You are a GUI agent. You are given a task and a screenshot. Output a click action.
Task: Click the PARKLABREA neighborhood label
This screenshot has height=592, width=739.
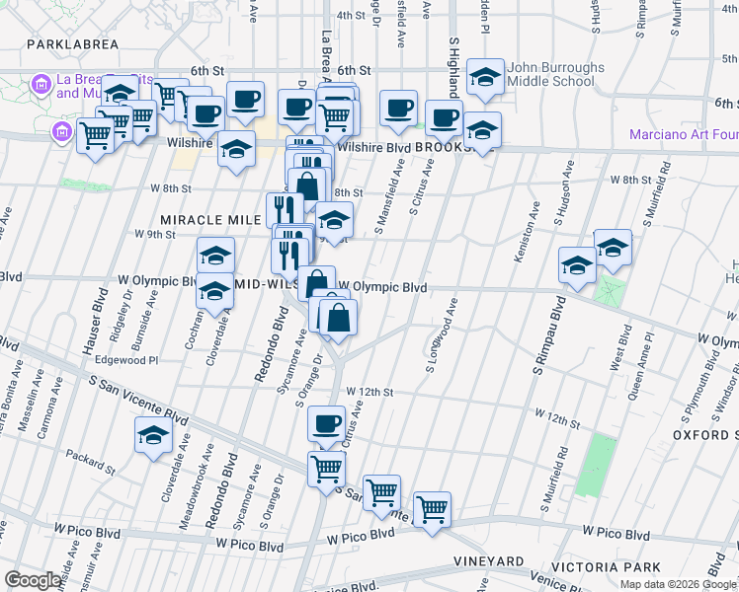[x=73, y=44]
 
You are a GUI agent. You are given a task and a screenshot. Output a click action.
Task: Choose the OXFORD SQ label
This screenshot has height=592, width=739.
[x=705, y=435]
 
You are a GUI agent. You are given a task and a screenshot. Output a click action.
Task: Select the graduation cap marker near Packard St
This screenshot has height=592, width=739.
[x=153, y=435]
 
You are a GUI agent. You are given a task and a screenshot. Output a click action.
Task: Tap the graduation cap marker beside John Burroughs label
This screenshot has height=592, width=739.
[x=485, y=77]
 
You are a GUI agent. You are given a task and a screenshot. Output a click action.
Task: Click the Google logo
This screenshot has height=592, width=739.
[x=34, y=580]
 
